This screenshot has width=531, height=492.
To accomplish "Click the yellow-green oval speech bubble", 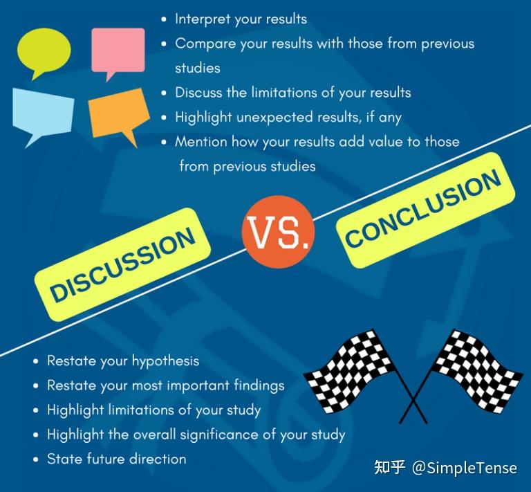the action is [x=44, y=51].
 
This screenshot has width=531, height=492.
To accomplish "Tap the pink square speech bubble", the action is [x=118, y=50].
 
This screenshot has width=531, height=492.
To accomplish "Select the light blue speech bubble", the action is [x=43, y=113].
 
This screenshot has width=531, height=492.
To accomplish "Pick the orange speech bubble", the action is [x=118, y=113].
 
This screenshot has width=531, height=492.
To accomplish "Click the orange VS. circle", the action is [x=279, y=232].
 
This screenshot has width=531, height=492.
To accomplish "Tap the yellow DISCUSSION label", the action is [x=122, y=264].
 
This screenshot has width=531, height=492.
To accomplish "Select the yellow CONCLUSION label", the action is [x=426, y=210].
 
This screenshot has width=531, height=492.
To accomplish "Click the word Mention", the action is [x=201, y=142].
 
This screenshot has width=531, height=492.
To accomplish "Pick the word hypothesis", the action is [x=165, y=361].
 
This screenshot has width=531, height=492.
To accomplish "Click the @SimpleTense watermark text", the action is [x=465, y=468].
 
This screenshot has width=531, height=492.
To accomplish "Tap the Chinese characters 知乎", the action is [x=390, y=468].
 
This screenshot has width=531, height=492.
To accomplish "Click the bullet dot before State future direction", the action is [x=36, y=459].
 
